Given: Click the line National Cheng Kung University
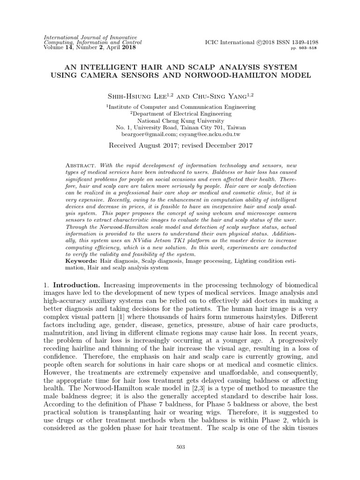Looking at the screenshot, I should click(180, 120).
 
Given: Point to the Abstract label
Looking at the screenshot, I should click(80, 166).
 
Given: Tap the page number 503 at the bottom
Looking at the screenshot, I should click(180, 447).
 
